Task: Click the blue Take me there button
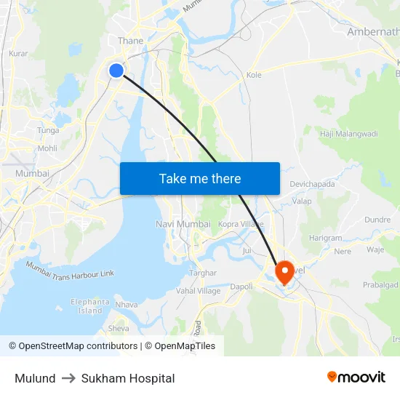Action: pos(200,178)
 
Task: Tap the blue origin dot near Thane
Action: pos(116,71)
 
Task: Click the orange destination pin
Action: pos(283,273)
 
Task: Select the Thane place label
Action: pos(130,41)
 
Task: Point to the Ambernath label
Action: pos(373,32)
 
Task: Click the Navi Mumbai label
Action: pos(183,224)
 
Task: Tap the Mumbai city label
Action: pos(32,174)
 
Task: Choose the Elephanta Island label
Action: pos(90,306)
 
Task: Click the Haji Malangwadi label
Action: pos(349,134)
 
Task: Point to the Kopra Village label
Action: pos(241,224)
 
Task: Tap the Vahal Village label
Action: pos(198,291)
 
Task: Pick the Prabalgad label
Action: pos(382,286)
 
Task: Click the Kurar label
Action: pos(18,54)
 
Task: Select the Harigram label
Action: pos(324,238)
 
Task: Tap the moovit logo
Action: pos(356,377)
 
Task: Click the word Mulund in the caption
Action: pos(35,378)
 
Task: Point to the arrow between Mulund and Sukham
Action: pos(68,378)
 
